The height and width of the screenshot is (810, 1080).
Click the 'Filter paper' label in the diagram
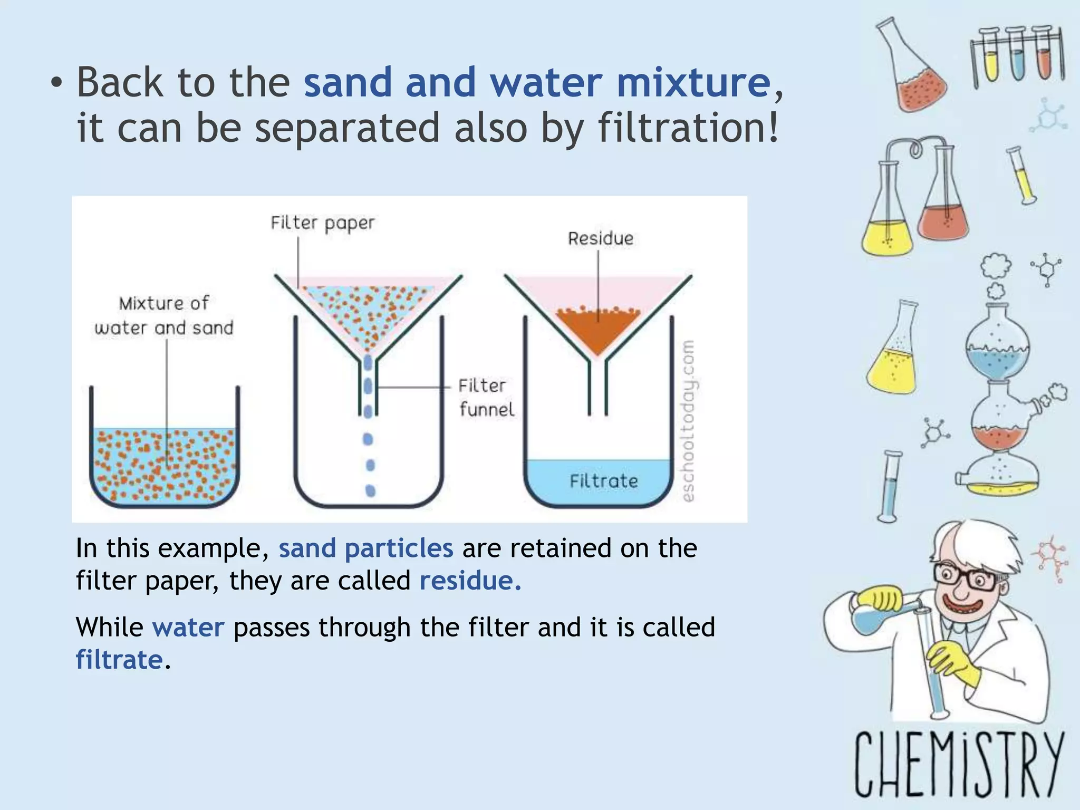tap(323, 223)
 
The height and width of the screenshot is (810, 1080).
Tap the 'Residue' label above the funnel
tap(601, 238)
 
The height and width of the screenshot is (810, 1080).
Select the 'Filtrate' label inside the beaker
tap(604, 481)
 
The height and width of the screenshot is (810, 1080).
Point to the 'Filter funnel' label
tap(485, 398)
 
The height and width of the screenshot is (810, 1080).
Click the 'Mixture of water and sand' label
tap(164, 315)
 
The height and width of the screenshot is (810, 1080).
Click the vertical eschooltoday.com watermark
tap(688, 421)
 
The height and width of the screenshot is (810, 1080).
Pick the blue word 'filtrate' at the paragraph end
tap(119, 660)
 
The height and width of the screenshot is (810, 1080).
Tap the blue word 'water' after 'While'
tap(188, 628)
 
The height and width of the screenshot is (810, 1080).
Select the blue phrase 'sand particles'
tap(365, 548)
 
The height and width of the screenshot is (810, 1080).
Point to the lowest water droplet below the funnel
tap(370, 491)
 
